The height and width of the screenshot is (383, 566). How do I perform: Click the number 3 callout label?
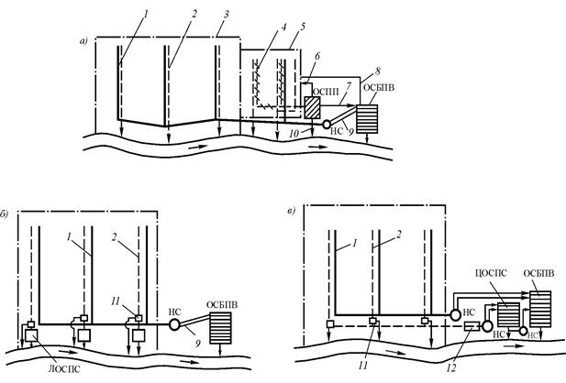click(227, 15)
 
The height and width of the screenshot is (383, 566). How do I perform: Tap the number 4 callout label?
click(283, 27)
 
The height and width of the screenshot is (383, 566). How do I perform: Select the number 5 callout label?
click(303, 27)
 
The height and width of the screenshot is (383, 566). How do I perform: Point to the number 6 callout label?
click(316, 56)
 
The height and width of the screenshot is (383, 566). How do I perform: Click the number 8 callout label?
click(378, 71)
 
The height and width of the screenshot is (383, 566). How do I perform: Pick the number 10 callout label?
click(294, 134)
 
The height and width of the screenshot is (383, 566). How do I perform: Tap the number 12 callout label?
click(451, 367)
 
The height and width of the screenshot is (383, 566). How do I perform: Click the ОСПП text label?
click(326, 93)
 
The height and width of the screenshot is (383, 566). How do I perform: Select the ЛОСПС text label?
click(65, 369)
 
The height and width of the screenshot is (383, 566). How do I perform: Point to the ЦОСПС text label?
click(491, 273)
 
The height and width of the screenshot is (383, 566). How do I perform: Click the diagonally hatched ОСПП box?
click(312, 107)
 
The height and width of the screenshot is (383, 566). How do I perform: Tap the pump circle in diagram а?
click(327, 124)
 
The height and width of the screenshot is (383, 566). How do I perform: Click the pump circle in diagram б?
click(174, 324)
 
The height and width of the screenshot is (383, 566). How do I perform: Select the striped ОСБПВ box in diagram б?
click(220, 328)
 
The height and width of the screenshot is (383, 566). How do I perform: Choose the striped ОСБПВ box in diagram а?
click(367, 119)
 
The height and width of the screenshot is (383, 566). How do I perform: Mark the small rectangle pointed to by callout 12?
click(472, 326)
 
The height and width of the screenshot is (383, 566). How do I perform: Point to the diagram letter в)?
click(292, 211)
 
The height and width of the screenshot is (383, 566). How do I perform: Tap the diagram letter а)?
click(83, 42)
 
